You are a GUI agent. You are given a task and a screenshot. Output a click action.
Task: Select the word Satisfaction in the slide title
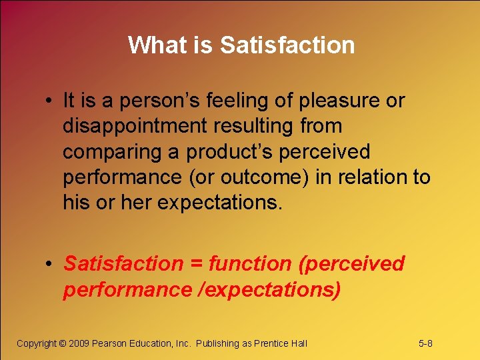287,45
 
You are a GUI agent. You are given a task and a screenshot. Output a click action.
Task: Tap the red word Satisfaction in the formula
123,264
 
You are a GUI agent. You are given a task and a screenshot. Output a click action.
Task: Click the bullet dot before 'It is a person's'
50,101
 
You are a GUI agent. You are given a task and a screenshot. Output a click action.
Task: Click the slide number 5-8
425,343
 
